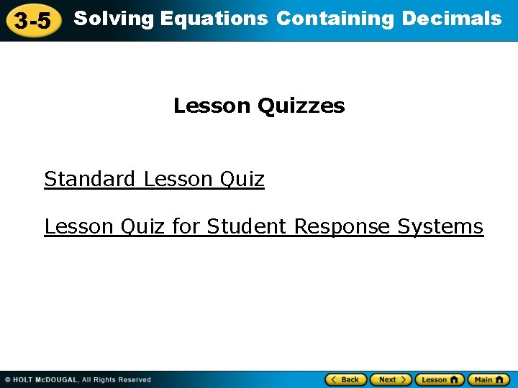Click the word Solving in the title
pos(114,19)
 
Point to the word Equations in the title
pos(214,19)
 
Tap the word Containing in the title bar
pos(335,19)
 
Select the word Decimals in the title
pos(452,19)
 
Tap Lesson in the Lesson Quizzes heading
pos(212,106)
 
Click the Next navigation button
pos(391,379)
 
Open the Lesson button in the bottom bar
pos(440,379)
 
